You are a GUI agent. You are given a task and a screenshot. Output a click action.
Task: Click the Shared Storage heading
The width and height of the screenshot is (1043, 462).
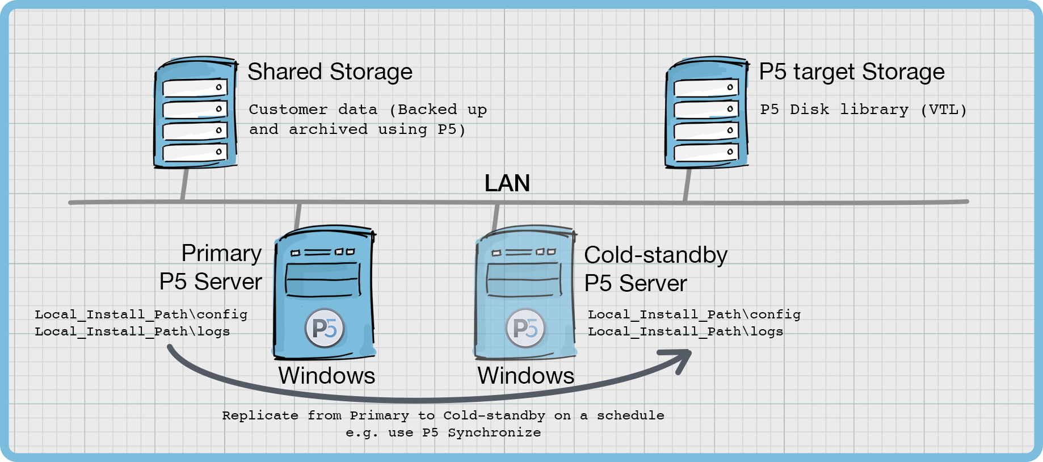(x=330, y=72)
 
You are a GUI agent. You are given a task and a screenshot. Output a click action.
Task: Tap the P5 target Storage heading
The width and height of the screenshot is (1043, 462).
(x=851, y=72)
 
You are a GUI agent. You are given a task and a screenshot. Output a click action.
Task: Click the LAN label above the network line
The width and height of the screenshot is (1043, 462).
(x=507, y=183)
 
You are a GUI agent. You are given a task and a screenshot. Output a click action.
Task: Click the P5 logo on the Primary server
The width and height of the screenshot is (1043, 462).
(x=324, y=328)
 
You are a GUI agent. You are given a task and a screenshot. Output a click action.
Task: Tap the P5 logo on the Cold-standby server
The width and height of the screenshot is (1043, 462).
(x=525, y=328)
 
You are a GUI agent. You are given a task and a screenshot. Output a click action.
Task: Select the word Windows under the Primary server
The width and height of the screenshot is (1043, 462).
(x=326, y=376)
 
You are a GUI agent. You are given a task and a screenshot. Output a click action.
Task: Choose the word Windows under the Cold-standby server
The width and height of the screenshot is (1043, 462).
(x=525, y=376)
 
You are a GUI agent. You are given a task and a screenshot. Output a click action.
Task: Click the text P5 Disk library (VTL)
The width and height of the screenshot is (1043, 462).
(x=863, y=110)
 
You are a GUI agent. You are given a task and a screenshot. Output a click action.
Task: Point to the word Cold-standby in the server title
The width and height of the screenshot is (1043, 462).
(x=655, y=255)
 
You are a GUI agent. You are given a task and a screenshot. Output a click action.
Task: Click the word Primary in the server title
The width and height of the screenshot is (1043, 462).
(x=221, y=253)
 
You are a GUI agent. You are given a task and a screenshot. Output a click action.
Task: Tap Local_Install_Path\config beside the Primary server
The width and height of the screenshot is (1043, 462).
(x=141, y=314)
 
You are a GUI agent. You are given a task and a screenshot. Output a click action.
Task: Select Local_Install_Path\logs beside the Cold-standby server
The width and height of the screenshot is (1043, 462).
(x=685, y=331)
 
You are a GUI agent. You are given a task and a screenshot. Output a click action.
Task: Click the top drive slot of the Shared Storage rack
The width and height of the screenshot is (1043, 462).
(x=195, y=87)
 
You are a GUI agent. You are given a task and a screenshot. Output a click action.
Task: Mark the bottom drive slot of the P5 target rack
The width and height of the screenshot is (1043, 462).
(x=706, y=152)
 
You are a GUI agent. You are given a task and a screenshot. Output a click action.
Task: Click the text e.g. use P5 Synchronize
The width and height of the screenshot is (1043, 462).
(x=443, y=432)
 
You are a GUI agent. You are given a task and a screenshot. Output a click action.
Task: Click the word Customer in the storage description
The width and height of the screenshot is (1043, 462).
(x=288, y=110)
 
